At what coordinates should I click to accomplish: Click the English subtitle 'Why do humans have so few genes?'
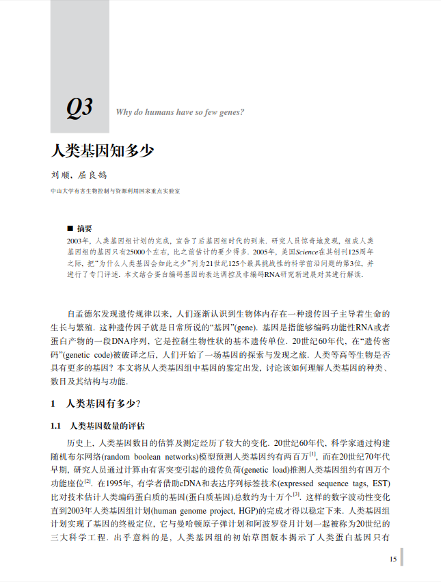click(181, 112)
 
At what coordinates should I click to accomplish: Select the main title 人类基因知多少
click(103, 151)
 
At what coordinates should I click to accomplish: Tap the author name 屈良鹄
click(93, 176)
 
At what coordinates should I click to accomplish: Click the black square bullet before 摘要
click(70, 228)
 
